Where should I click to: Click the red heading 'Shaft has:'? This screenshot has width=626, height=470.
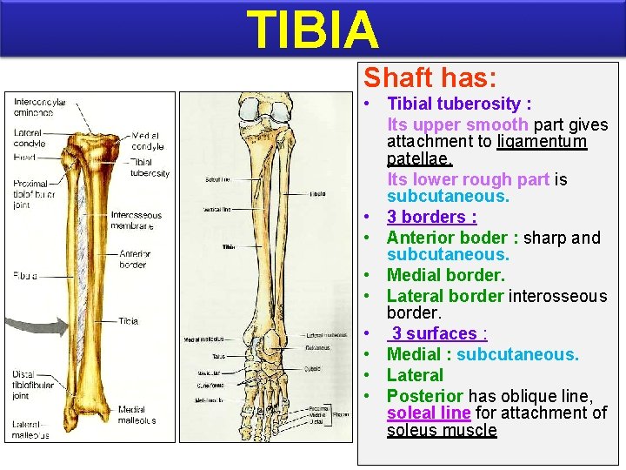tap(430, 78)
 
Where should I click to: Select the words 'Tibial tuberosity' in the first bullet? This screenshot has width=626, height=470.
tap(454, 104)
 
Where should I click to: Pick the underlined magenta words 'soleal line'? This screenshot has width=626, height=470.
tap(429, 413)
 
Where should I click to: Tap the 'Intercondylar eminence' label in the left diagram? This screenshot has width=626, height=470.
tap(39, 107)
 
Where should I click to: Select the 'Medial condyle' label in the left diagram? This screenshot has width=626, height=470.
tap(146, 140)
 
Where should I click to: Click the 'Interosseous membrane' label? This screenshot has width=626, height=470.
tap(136, 220)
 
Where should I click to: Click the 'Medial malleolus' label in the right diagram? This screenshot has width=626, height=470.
tap(203, 339)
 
